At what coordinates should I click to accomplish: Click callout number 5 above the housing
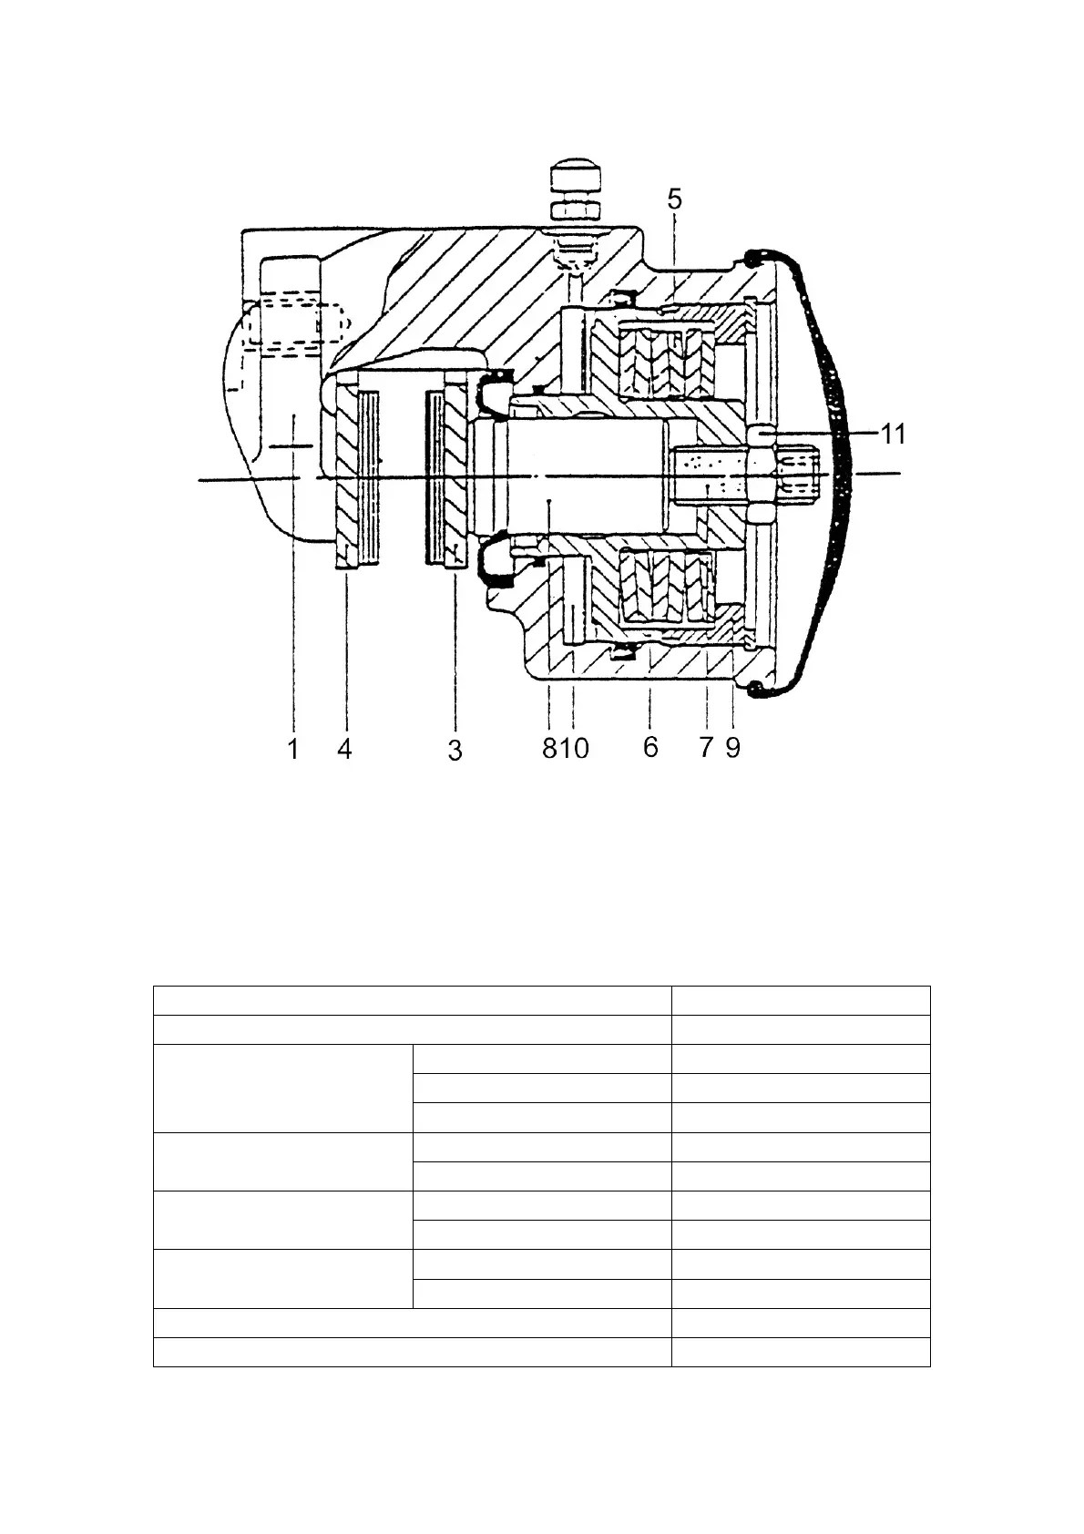674,199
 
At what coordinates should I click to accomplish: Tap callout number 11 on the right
894,435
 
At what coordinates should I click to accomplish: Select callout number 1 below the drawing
293,749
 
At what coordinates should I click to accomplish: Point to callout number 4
344,749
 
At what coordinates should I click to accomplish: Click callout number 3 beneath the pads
455,751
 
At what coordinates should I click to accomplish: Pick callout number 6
649,747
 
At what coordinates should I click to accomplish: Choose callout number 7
705,748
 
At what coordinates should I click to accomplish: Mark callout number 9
733,748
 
